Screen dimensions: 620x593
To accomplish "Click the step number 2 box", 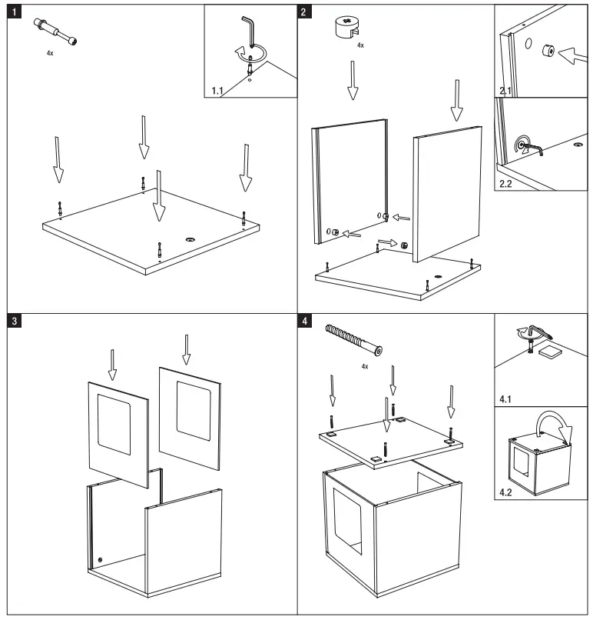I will pyautogui.click(x=306, y=12).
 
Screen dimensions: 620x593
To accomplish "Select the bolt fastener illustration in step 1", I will pyautogui.click(x=54, y=32).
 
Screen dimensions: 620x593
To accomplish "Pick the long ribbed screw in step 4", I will pyautogui.click(x=355, y=340).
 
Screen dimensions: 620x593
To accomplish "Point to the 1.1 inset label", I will pyautogui.click(x=217, y=92).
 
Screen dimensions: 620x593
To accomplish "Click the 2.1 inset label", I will pyautogui.click(x=505, y=92).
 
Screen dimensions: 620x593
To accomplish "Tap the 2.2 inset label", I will pyautogui.click(x=505, y=185).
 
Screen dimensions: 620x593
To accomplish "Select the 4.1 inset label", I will pyautogui.click(x=505, y=400).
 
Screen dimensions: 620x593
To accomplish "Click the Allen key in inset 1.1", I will pyautogui.click(x=250, y=35).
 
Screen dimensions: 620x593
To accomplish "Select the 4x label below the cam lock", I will pyautogui.click(x=361, y=46).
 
